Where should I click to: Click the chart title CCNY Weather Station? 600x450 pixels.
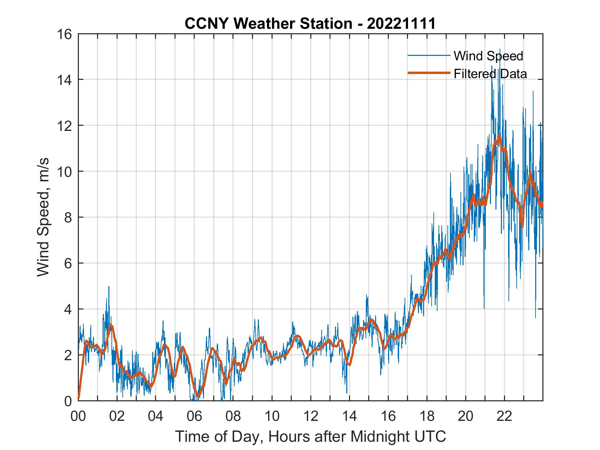pyautogui.click(x=268, y=24)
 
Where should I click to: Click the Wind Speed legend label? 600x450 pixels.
pyautogui.click(x=488, y=56)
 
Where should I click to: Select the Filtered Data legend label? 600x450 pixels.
pyautogui.click(x=490, y=74)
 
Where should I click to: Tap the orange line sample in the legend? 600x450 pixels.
pyautogui.click(x=429, y=73)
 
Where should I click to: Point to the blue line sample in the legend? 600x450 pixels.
pyautogui.click(x=429, y=56)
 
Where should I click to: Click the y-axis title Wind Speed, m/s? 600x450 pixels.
pyautogui.click(x=44, y=217)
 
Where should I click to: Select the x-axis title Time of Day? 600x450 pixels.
pyautogui.click(x=311, y=437)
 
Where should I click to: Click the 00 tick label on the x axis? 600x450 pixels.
pyautogui.click(x=78, y=417)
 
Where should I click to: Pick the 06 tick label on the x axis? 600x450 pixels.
pyautogui.click(x=194, y=417)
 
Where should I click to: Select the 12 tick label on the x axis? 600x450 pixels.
pyautogui.click(x=311, y=417)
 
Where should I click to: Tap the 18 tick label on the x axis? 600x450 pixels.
pyautogui.click(x=427, y=417)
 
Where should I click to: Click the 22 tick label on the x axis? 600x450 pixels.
pyautogui.click(x=504, y=417)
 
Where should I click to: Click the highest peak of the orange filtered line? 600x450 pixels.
pyautogui.click(x=499, y=137)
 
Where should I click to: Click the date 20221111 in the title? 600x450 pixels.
pyautogui.click(x=401, y=24)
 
